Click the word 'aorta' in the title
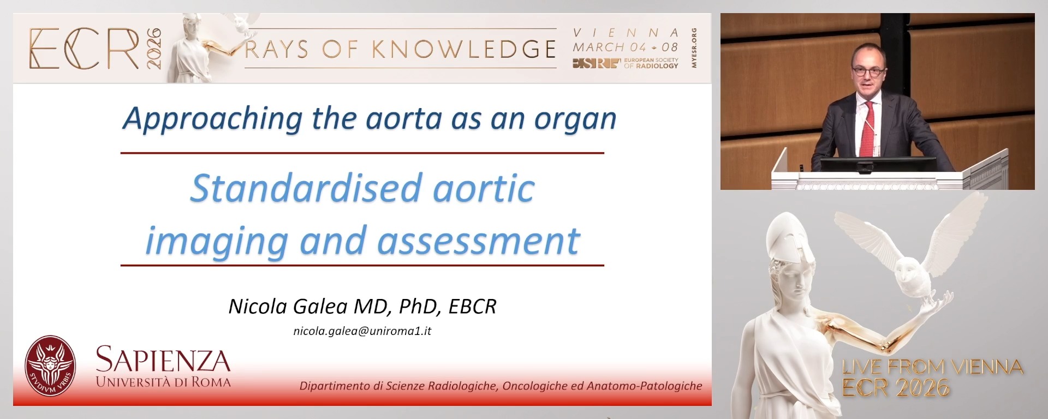coord(403,118)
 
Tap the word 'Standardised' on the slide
coord(306,189)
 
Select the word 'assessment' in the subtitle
coord(479,242)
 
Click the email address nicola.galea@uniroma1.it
coord(362,331)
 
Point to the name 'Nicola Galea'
coord(288,307)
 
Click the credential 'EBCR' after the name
coord(472,307)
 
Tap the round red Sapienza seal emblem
coord(50,365)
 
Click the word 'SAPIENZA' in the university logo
coord(163,361)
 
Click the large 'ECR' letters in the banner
coord(85,49)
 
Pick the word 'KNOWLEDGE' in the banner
coord(464,50)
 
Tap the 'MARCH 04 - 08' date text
coord(625,47)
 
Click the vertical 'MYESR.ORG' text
coord(694,48)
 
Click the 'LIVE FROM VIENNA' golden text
coord(932,367)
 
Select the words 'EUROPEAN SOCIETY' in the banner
coord(651,60)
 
